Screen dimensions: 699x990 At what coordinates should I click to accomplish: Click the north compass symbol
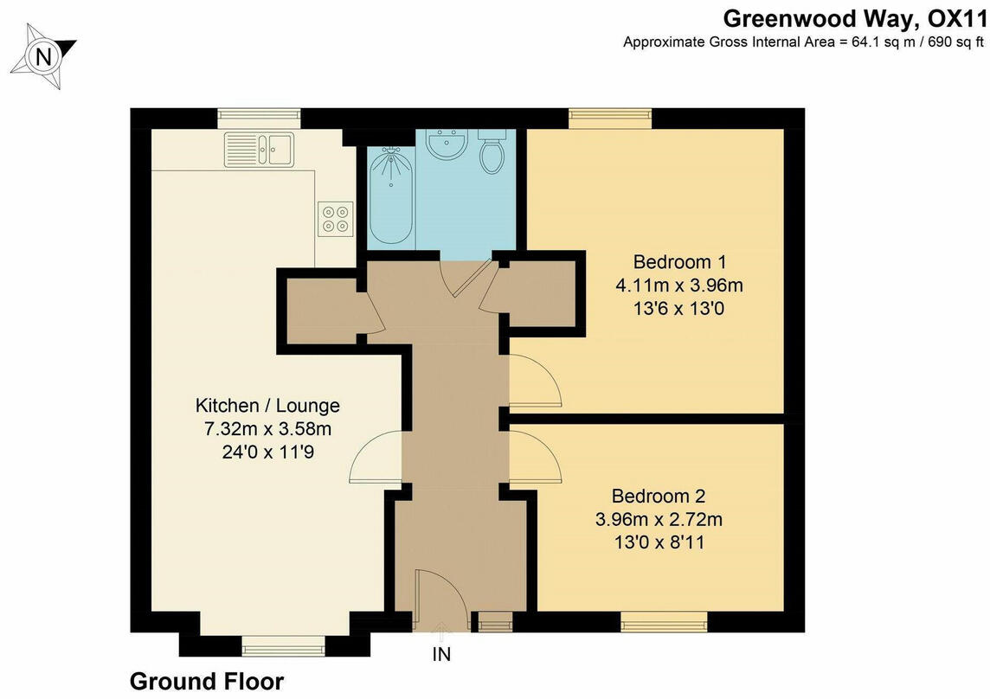tap(42, 56)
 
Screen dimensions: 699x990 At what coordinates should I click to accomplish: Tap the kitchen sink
tap(259, 149)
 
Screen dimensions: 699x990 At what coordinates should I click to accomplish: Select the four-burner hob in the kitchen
tap(336, 217)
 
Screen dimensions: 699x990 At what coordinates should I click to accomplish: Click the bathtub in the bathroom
tap(391, 196)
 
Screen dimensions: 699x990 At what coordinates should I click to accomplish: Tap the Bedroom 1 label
tap(679, 261)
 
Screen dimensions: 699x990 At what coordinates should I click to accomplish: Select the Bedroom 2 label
tap(659, 497)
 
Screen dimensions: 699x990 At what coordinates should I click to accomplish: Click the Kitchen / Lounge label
tap(267, 405)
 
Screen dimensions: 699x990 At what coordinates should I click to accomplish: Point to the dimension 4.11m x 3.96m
tap(679, 285)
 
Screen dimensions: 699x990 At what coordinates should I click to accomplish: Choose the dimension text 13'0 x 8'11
tap(659, 543)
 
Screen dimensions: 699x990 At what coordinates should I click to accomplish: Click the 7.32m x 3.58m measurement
tap(267, 428)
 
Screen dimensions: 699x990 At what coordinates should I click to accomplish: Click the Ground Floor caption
tap(206, 682)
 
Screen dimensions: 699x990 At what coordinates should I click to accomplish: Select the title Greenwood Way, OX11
tap(855, 18)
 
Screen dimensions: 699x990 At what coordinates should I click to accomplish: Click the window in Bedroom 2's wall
tap(664, 621)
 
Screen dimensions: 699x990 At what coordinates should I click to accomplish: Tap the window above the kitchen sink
tap(259, 118)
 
